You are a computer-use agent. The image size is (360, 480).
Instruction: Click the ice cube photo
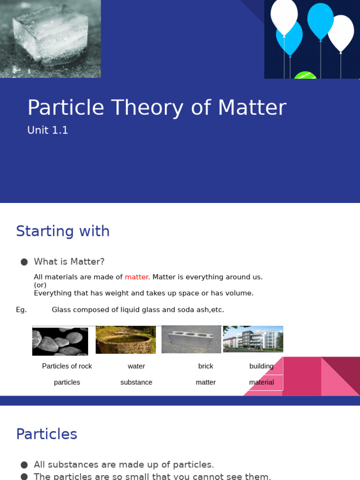50,38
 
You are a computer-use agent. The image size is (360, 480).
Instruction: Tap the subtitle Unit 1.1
48,130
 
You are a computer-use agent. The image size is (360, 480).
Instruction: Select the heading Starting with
63,231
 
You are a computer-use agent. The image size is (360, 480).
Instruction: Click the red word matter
137,277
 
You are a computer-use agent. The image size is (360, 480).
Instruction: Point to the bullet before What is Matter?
24,262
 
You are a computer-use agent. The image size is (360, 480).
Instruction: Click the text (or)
40,285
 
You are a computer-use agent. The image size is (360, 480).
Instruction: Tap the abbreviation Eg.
22,310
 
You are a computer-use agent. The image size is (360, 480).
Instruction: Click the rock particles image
60,341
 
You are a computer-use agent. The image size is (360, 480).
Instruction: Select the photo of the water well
126,340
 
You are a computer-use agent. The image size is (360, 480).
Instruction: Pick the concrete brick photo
191,339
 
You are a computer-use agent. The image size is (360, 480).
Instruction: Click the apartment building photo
253,339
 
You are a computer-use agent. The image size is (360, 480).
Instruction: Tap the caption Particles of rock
67,366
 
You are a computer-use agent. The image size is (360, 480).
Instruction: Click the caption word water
136,366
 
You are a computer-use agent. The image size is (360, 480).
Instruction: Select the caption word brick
206,366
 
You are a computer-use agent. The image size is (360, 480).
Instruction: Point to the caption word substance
136,382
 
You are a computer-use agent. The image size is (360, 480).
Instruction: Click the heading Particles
46,434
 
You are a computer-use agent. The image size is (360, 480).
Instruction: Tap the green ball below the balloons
305,75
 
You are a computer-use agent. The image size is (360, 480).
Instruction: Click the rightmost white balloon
341,33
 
